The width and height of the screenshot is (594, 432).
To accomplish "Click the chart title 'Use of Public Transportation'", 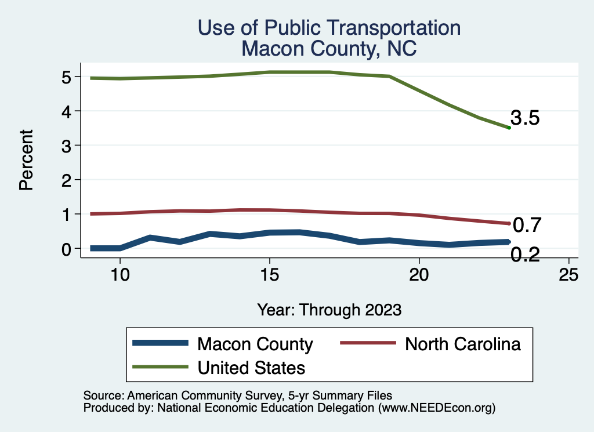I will [x=329, y=28].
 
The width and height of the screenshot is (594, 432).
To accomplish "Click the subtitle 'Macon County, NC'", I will [x=329, y=48].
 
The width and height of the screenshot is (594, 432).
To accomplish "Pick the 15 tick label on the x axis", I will [x=269, y=275].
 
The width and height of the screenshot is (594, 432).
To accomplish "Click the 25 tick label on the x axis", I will [x=568, y=275].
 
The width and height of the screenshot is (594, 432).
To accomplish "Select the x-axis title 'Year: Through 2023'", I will [x=329, y=310].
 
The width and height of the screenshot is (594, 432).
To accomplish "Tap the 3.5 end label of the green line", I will [x=525, y=118].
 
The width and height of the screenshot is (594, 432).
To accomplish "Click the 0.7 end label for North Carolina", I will [x=527, y=224].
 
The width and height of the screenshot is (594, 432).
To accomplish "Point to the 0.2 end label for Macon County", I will [x=525, y=254].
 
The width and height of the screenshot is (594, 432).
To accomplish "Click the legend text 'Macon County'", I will [x=255, y=344].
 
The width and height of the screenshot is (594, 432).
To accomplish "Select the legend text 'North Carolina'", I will [x=462, y=344].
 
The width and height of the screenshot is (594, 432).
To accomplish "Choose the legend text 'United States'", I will [x=251, y=367].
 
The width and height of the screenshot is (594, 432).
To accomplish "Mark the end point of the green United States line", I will [x=509, y=128].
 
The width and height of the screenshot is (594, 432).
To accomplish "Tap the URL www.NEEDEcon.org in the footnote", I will [x=436, y=408].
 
